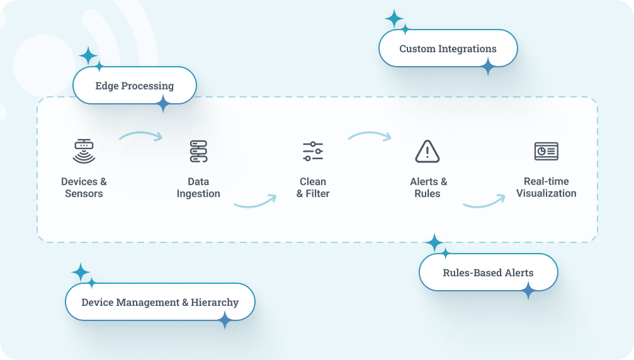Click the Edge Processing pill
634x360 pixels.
click(x=135, y=86)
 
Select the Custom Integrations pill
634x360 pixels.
click(x=448, y=48)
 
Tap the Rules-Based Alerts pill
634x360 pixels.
click(x=488, y=273)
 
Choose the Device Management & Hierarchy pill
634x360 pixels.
click(x=160, y=302)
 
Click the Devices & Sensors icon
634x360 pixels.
click(x=84, y=151)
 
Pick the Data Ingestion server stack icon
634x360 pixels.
click(x=198, y=151)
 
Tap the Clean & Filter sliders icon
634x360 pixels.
click(x=313, y=151)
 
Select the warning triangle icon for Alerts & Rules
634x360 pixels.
click(x=427, y=151)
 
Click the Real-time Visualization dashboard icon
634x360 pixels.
click(x=546, y=151)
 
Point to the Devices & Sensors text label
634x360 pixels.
click(x=84, y=188)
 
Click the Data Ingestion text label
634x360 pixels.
click(x=198, y=188)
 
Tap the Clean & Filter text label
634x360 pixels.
click(x=313, y=188)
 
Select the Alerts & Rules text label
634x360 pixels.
click(x=428, y=188)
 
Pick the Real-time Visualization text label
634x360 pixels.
click(x=546, y=188)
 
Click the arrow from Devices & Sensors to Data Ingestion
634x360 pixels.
click(x=140, y=135)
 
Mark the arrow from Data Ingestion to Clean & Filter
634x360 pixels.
click(x=255, y=202)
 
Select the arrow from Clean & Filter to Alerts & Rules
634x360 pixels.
click(x=370, y=135)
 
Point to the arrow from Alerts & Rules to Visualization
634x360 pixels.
click(x=484, y=202)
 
